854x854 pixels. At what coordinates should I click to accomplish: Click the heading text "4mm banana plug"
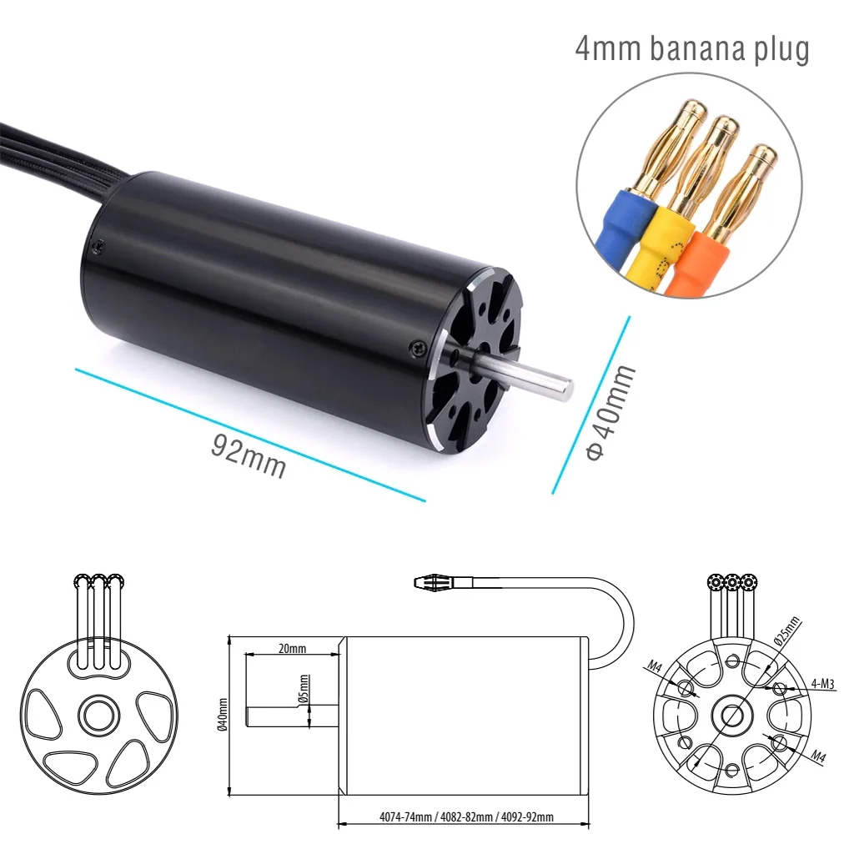coord(692,48)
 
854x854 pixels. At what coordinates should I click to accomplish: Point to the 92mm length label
coord(248,456)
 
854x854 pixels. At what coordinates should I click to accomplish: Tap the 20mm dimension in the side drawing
coord(292,648)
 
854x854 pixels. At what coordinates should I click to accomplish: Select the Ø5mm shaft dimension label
coord(304,689)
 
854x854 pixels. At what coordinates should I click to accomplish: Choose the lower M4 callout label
coord(819,757)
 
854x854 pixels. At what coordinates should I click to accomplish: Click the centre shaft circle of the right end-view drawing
coord(731,714)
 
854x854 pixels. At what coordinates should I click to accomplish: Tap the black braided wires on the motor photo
coord(50,150)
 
